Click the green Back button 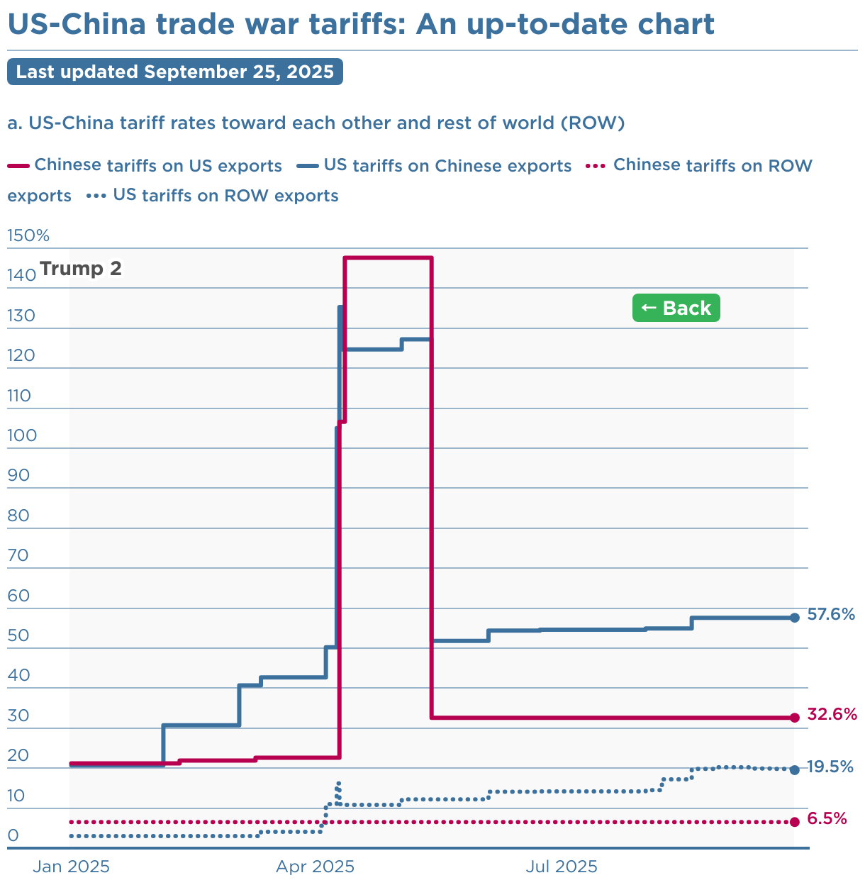click(x=676, y=308)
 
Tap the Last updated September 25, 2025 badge click(x=175, y=72)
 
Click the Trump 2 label click(x=81, y=269)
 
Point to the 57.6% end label click(x=831, y=614)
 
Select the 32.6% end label click(x=832, y=714)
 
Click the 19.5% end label click(x=830, y=767)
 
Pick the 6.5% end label click(x=827, y=818)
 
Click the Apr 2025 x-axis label click(x=315, y=866)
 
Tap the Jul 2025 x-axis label click(x=562, y=866)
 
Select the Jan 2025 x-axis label click(x=72, y=866)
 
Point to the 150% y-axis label click(x=28, y=235)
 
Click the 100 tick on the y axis click(x=21, y=435)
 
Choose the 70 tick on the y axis click(x=18, y=555)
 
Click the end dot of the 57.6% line click(x=794, y=618)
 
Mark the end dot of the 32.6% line click(x=794, y=718)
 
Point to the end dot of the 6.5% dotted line click(x=794, y=822)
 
